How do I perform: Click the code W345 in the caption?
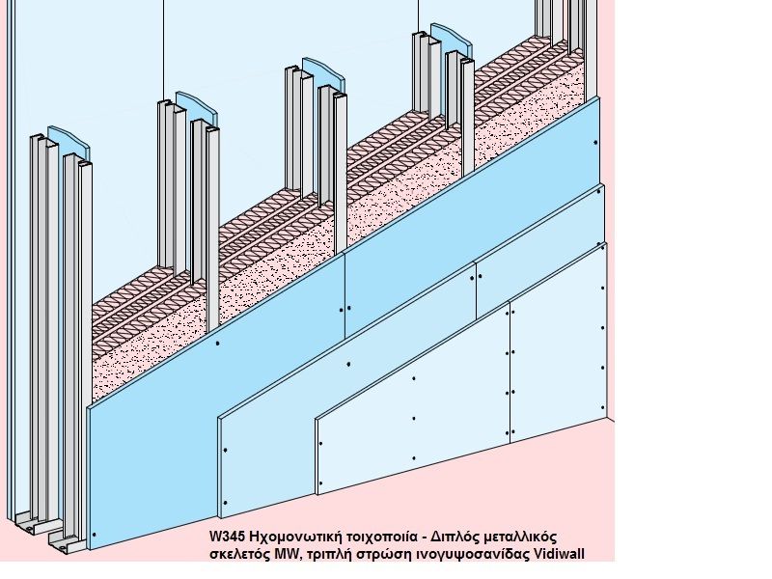coord(227,537)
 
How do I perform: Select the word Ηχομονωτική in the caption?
coord(293,537)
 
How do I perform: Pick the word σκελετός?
coord(239,554)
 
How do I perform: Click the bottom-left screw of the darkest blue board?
coord(95,535)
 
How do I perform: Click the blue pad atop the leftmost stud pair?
coord(69,142)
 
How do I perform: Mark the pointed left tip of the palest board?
coord(317,423)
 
